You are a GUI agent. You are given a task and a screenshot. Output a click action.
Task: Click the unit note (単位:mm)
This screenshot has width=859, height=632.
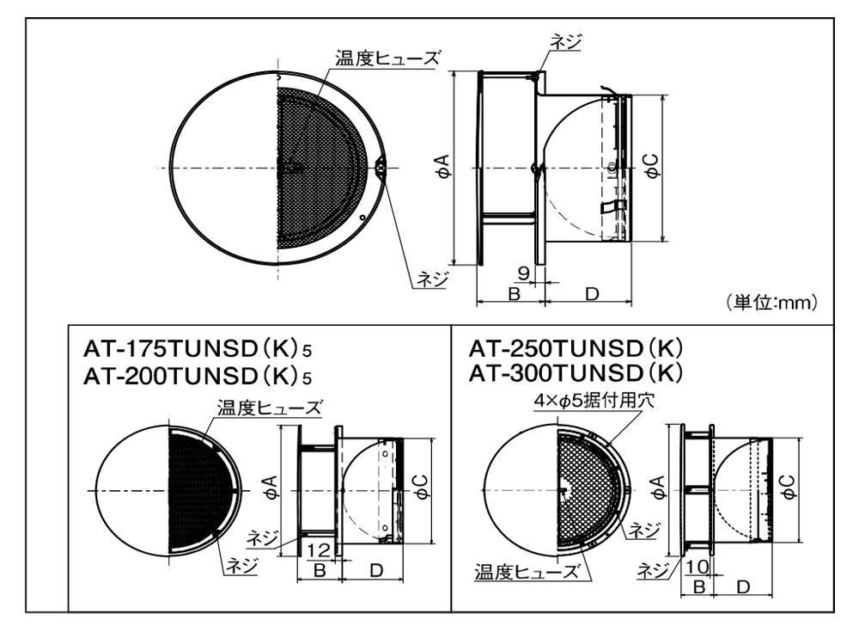tap(772, 303)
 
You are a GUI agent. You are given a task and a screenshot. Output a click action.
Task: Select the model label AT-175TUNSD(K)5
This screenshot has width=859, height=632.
tap(198, 348)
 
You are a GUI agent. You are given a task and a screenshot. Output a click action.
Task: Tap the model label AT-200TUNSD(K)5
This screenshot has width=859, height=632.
tap(198, 377)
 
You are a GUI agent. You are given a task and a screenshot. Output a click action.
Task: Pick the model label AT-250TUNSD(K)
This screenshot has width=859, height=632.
tap(576, 348)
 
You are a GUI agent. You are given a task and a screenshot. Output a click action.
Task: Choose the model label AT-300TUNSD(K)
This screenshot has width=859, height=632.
tap(576, 373)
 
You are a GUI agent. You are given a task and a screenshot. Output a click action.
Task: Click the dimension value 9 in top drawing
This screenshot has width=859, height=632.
tap(523, 273)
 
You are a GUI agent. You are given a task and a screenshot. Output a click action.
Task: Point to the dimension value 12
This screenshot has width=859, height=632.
tap(319, 549)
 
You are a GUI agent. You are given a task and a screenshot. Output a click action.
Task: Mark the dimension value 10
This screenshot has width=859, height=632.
tap(697, 566)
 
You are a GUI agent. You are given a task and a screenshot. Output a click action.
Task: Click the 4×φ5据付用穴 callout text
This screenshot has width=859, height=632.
tap(594, 401)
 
